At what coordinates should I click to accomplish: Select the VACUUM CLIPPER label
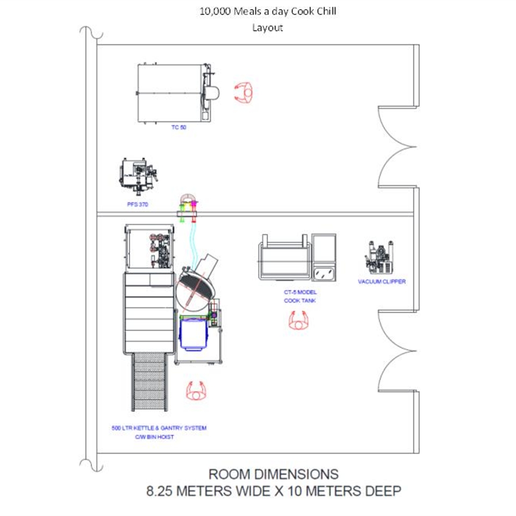[382, 282]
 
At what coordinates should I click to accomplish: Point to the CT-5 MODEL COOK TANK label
[300, 297]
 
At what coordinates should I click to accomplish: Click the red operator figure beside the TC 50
[244, 92]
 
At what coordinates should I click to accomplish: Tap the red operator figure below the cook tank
[299, 321]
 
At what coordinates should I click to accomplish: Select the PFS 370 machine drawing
[137, 175]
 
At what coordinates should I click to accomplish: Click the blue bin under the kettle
[193, 334]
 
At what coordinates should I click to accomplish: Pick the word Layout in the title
[267, 28]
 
